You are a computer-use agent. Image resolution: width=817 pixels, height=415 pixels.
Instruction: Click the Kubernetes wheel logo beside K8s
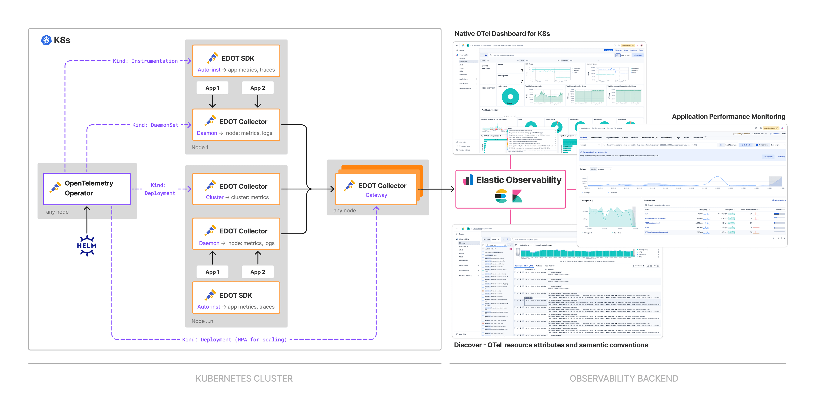point(46,40)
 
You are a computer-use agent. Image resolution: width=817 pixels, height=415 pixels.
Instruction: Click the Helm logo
point(87,246)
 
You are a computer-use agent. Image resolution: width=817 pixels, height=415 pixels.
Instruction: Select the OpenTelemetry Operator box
point(87,189)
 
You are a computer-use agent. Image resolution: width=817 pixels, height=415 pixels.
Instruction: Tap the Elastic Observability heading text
point(518,180)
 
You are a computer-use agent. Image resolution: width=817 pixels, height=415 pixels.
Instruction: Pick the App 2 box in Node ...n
point(257,272)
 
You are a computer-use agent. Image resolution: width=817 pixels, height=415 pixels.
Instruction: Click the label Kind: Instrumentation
point(145,61)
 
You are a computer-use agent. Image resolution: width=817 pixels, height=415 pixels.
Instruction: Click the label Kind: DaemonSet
point(155,125)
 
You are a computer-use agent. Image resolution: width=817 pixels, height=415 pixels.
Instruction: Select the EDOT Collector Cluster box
point(236,189)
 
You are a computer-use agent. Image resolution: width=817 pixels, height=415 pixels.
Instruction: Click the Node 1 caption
point(200,147)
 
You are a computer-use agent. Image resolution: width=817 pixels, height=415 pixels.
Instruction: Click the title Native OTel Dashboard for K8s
point(502,34)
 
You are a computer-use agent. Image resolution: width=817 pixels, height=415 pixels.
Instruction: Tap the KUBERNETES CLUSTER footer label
point(244,379)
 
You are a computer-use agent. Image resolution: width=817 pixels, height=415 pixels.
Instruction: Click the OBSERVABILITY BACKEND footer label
point(624,379)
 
